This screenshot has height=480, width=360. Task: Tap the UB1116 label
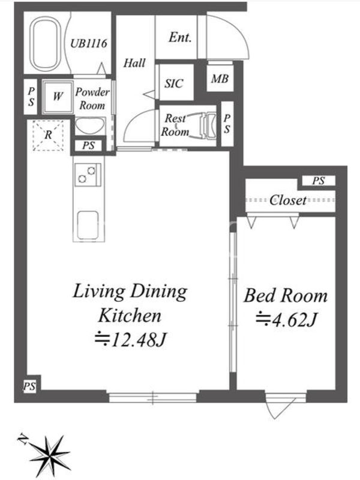click(89, 43)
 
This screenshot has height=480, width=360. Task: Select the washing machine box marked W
click(58, 97)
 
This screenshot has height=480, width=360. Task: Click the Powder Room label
click(92, 98)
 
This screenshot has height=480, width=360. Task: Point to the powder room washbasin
click(90, 126)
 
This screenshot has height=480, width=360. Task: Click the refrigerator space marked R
click(48, 135)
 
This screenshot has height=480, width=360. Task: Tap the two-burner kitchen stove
click(88, 175)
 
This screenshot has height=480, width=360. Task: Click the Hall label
click(134, 63)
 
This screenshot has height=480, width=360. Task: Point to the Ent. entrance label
click(180, 37)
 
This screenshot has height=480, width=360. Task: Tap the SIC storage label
click(174, 83)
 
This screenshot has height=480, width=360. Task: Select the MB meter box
click(220, 79)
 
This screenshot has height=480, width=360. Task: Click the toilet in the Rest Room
click(208, 125)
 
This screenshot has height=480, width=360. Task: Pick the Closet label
click(288, 200)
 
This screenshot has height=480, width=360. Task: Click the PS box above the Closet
click(319, 181)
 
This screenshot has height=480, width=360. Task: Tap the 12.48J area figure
click(130, 339)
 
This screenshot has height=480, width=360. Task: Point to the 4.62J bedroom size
click(286, 320)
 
